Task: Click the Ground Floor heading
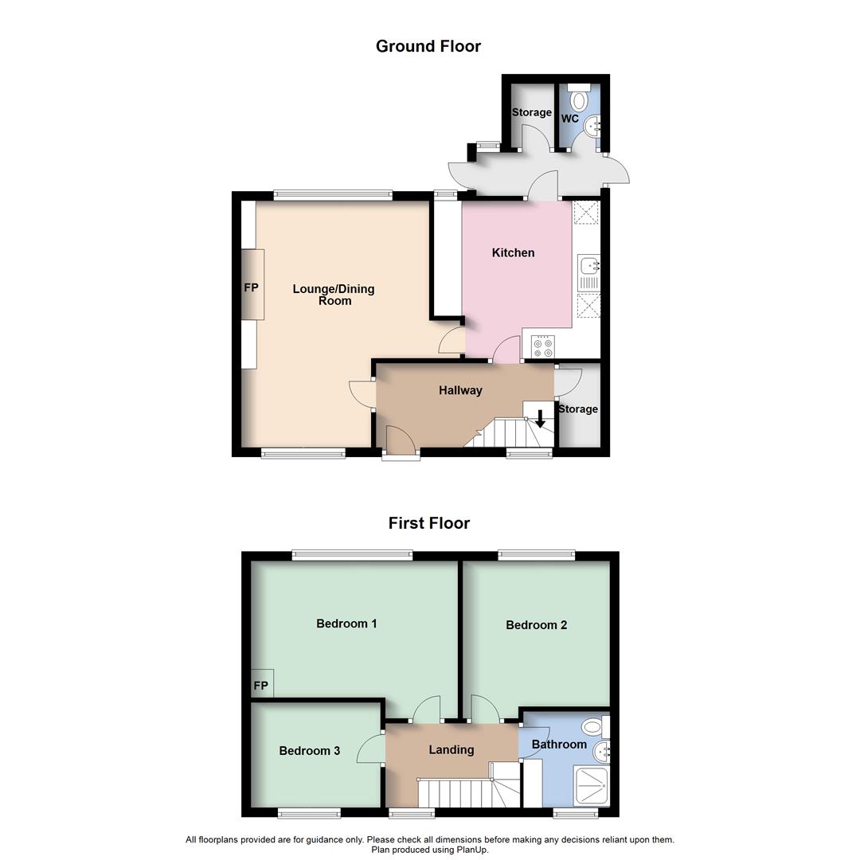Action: (428, 46)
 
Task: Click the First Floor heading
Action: (428, 523)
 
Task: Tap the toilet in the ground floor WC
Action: (579, 100)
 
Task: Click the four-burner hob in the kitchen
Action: (544, 347)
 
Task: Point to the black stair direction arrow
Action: (540, 418)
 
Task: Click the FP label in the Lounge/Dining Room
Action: (251, 287)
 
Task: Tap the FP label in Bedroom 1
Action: (260, 686)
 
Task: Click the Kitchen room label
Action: (513, 252)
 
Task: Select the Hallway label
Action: (460, 390)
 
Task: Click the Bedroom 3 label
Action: (310, 750)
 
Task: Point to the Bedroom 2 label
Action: (536, 625)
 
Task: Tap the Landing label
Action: (451, 749)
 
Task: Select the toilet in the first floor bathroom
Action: (592, 726)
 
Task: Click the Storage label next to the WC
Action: (531, 112)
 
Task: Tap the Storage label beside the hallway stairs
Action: (578, 409)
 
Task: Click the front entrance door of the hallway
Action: (401, 442)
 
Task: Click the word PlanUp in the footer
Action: (471, 850)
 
